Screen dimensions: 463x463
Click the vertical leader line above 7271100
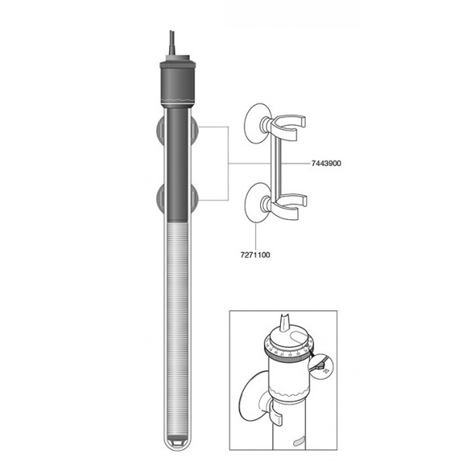(253, 231)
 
